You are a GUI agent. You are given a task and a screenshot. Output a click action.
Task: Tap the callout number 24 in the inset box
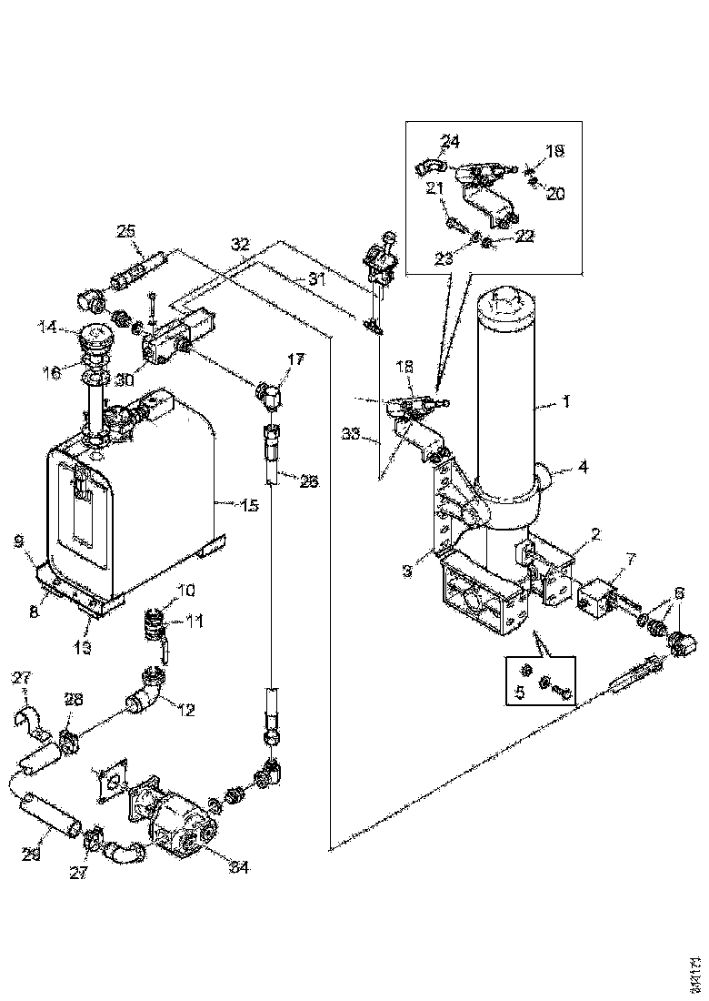451,141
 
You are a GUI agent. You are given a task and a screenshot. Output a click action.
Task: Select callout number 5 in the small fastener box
521,692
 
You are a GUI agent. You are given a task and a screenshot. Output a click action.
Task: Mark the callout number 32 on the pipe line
240,246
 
